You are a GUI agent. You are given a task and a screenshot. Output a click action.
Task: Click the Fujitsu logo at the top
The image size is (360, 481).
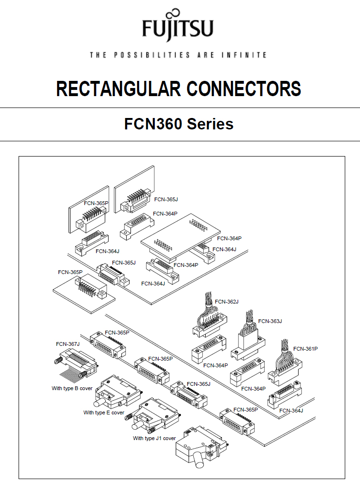178,26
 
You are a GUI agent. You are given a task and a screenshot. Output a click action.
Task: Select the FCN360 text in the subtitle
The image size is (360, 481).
153,124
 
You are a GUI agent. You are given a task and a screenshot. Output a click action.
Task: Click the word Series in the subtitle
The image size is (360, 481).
210,124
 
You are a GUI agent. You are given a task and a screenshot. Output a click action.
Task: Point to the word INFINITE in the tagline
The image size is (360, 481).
244,55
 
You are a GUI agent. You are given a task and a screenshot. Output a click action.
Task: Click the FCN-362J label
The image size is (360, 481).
227,302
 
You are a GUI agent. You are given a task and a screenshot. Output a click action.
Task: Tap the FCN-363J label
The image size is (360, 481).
270,321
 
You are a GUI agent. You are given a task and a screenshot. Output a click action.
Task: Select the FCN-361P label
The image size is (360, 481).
305,349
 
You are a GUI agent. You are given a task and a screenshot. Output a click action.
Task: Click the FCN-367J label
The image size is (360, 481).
68,344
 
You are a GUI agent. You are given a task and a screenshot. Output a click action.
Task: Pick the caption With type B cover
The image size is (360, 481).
72,388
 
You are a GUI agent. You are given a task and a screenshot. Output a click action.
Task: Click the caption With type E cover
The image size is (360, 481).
104,412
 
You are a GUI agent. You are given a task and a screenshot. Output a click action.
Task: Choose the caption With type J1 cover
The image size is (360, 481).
154,438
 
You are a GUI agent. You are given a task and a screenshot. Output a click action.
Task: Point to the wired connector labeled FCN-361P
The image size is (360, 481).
286,369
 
